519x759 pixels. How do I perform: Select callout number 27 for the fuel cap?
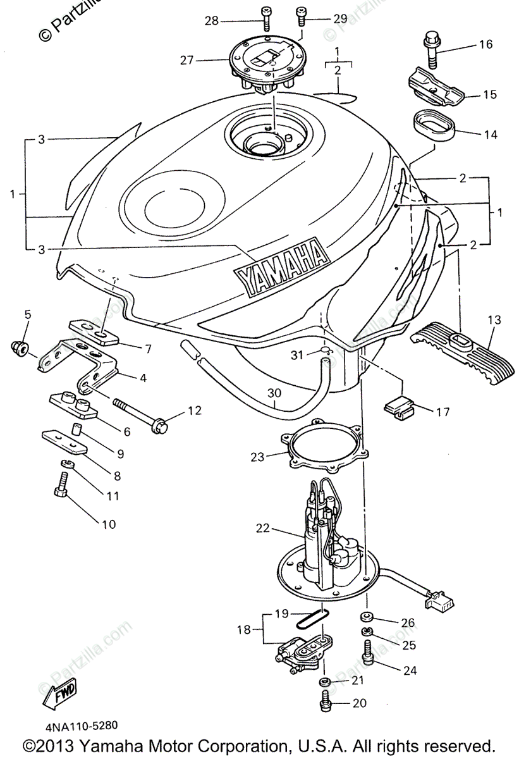tap(186, 61)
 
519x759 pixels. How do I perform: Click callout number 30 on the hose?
tap(273, 393)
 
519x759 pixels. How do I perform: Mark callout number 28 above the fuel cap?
tap(211, 21)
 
